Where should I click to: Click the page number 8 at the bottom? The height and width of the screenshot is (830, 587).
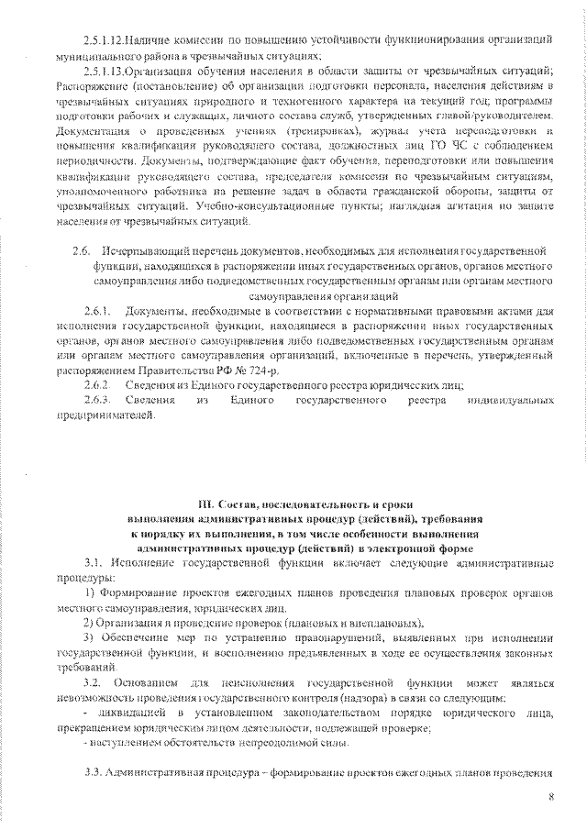tap(551, 797)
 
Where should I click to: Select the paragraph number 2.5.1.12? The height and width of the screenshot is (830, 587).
tap(101, 41)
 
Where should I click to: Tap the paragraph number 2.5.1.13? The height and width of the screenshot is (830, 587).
tap(101, 71)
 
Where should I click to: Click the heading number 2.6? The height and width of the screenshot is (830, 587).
tap(81, 249)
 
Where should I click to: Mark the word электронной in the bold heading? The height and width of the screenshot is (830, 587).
tap(406, 548)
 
